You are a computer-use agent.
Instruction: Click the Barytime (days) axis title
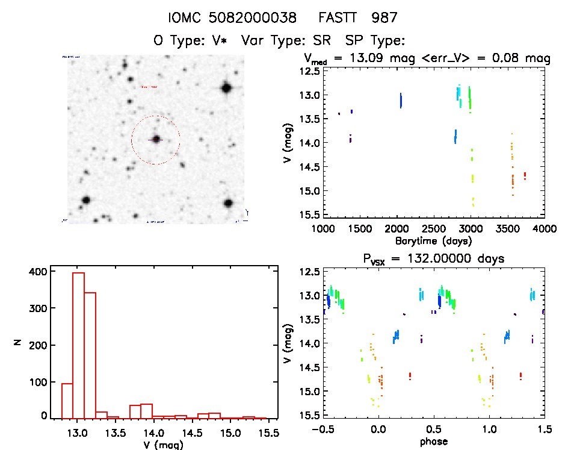point(433,240)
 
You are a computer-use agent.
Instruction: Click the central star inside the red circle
point(156,139)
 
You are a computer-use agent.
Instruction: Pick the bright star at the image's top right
point(226,88)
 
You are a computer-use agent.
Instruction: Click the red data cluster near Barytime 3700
point(525,175)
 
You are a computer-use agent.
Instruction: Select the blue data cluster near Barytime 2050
point(401,100)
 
